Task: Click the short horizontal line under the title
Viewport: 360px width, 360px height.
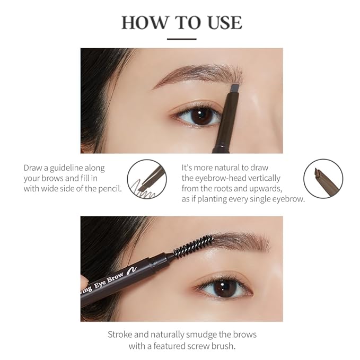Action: click(x=181, y=38)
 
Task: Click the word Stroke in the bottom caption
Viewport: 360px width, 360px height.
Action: click(x=120, y=335)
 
